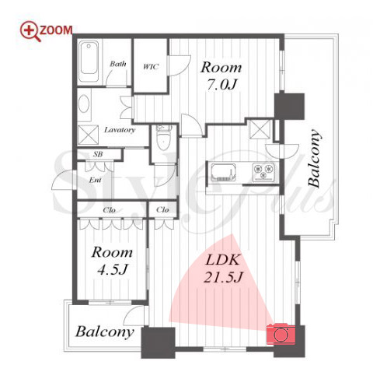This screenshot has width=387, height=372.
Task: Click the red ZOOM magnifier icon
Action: pyautogui.click(x=30, y=31)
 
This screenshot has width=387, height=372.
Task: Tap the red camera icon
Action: pyautogui.click(x=281, y=334)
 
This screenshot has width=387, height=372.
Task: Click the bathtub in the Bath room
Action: pyautogui.click(x=89, y=61)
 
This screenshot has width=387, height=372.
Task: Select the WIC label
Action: pyautogui.click(x=151, y=67)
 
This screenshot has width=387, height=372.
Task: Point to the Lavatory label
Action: pyautogui.click(x=120, y=130)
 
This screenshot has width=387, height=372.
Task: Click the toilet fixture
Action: pyautogui.click(x=163, y=138)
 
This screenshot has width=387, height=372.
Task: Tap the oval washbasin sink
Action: pyautogui.click(x=84, y=104)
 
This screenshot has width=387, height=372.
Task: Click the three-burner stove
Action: pyautogui.click(x=263, y=171)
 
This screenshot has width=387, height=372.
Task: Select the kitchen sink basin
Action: pyautogui.click(x=223, y=172)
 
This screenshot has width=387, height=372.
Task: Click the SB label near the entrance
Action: pyautogui.click(x=98, y=154)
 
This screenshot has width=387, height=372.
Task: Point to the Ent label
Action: pyautogui.click(x=95, y=180)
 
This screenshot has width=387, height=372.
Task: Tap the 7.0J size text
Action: pyautogui.click(x=221, y=84)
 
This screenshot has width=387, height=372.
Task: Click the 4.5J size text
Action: pyautogui.click(x=112, y=270)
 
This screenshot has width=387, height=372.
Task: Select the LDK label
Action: pyautogui.click(x=222, y=260)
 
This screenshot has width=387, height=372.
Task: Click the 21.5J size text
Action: pyautogui.click(x=223, y=277)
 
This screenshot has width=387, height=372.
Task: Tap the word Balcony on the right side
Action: pyautogui.click(x=314, y=158)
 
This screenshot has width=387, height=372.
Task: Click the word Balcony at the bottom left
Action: pyautogui.click(x=105, y=332)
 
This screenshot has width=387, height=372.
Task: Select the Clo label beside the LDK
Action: pyautogui.click(x=162, y=209)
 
